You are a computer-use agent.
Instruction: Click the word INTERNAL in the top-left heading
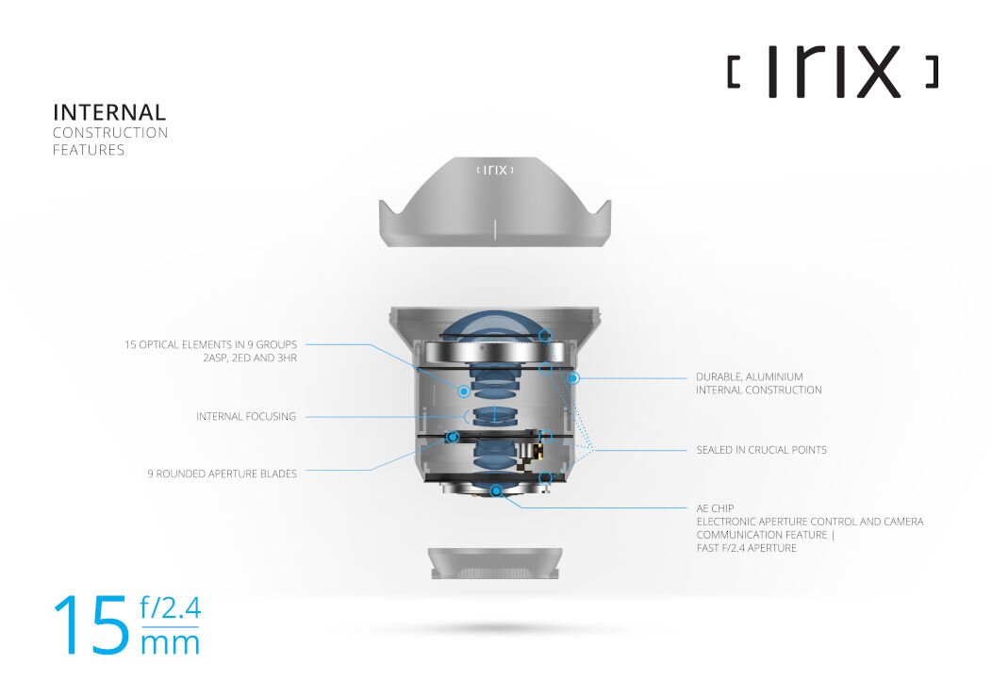pyautogui.click(x=109, y=112)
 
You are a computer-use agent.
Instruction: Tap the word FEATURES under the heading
pyautogui.click(x=89, y=150)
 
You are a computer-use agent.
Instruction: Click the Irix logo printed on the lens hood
pyautogui.click(x=495, y=170)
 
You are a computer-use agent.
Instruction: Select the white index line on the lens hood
pyautogui.click(x=495, y=229)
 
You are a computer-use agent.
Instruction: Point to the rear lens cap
pyautogui.click(x=495, y=563)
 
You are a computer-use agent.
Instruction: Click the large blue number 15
pyautogui.click(x=91, y=624)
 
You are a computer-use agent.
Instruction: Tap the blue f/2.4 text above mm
pyautogui.click(x=170, y=607)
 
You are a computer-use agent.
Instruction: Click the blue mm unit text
pyautogui.click(x=170, y=643)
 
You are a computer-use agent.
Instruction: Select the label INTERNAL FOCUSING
pyautogui.click(x=246, y=416)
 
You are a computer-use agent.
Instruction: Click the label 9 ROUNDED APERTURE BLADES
pyautogui.click(x=222, y=474)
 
